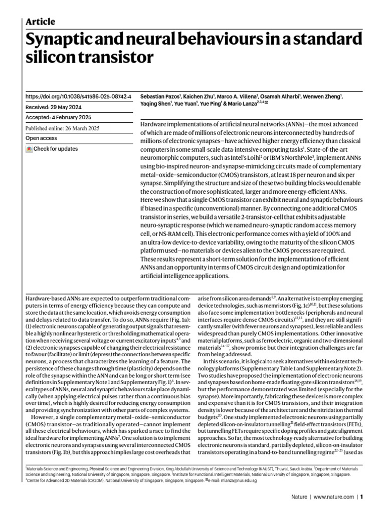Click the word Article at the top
(x=40, y=22)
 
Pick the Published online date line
(x=62, y=128)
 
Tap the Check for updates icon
(x=29, y=149)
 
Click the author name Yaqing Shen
(x=154, y=104)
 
